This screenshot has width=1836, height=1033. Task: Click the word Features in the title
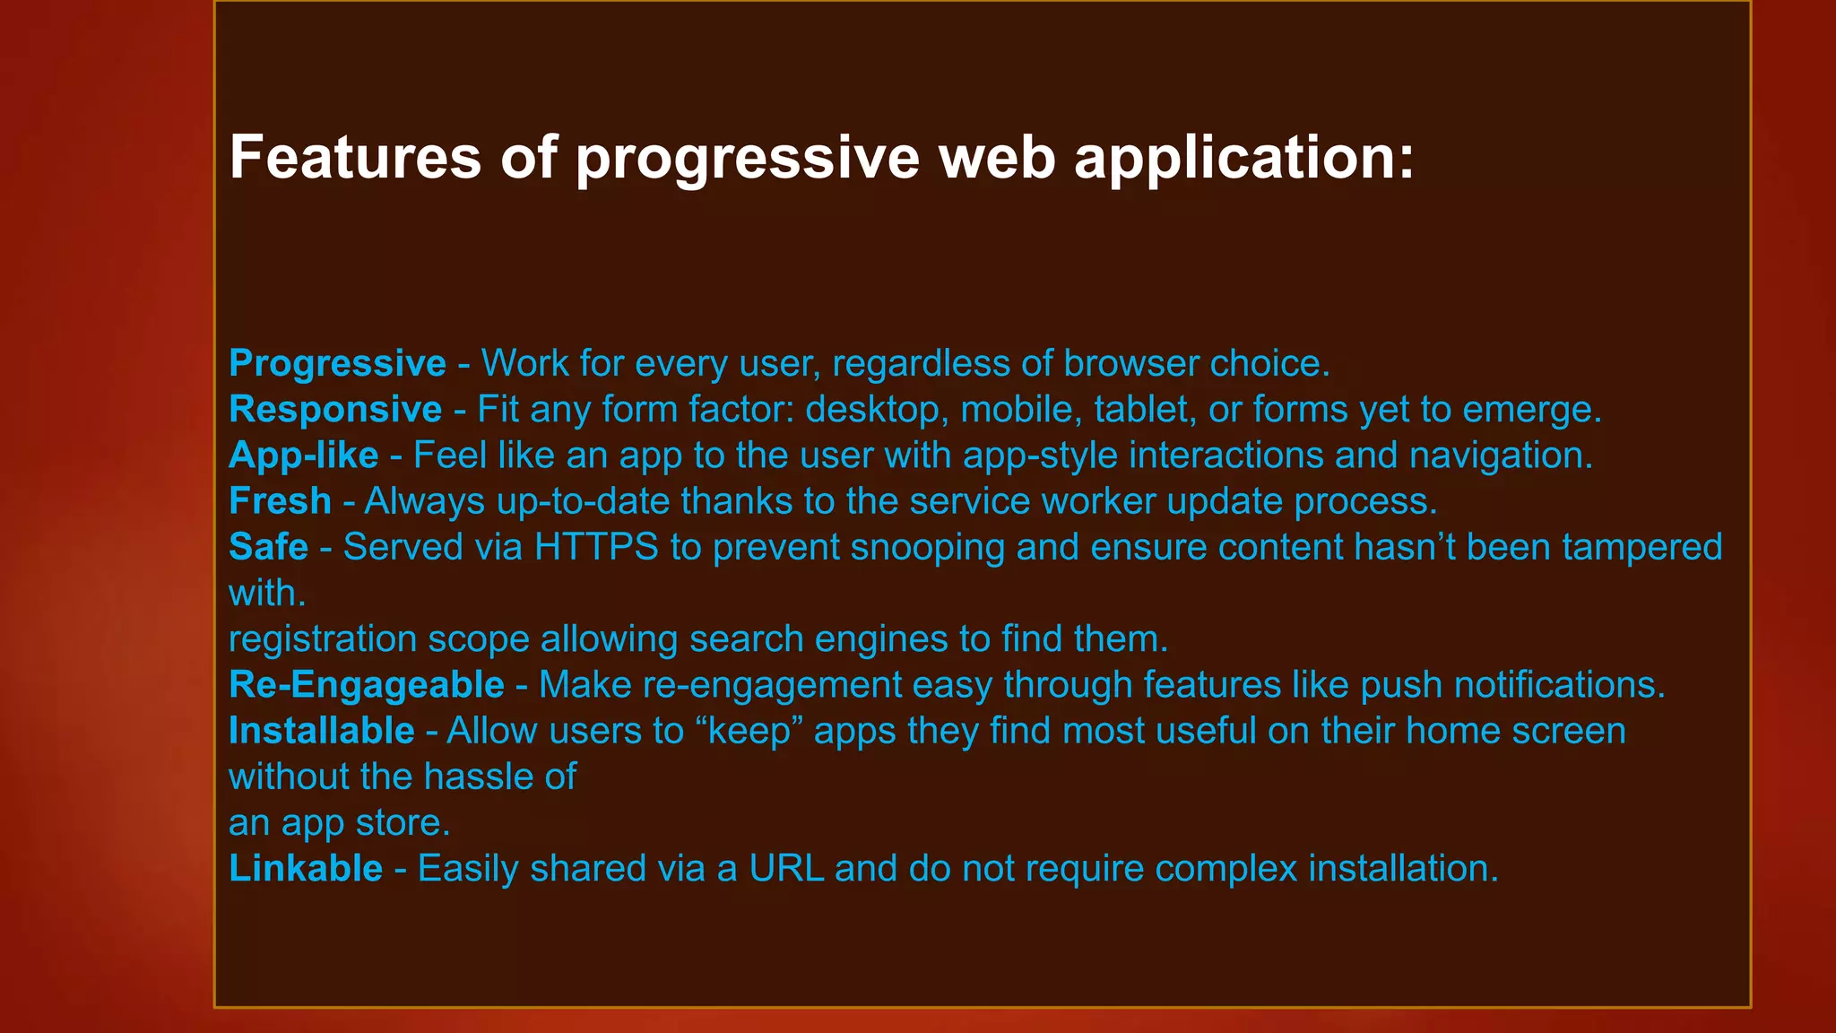click(x=356, y=158)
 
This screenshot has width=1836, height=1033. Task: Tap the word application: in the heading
click(x=1243, y=158)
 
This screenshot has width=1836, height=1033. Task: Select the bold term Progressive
click(x=337, y=364)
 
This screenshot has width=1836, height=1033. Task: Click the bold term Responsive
click(x=335, y=410)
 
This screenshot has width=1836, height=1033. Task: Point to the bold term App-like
click(x=303, y=456)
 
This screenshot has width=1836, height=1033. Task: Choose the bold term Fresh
click(x=280, y=501)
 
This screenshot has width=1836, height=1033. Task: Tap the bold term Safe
click(x=268, y=547)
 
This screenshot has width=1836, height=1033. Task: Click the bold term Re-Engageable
click(x=366, y=685)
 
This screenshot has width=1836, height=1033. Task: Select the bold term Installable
click(x=321, y=731)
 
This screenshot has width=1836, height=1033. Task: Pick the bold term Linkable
click(x=306, y=869)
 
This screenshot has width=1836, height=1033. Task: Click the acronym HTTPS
click(x=596, y=547)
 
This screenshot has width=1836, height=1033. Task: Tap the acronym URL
click(x=786, y=869)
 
